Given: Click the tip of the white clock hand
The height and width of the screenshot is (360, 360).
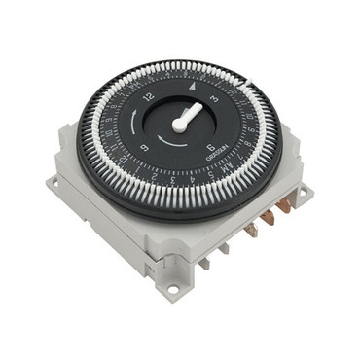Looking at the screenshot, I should tap(200, 106).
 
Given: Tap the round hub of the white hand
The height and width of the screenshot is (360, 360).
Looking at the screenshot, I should tap(181, 126).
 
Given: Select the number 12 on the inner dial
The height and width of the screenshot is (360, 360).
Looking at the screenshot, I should tap(148, 96).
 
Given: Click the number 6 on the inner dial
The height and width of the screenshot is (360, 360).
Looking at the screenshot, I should tap(211, 147).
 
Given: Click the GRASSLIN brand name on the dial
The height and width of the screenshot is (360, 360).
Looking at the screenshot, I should tap(219, 159).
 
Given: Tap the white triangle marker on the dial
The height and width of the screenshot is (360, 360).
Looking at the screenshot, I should tap(191, 87).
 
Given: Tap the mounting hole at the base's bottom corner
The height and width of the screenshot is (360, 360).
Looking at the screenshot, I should tap(173, 288).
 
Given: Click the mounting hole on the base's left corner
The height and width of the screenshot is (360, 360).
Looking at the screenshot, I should tap(53, 182).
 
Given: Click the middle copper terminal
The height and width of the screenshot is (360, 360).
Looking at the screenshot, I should tap(268, 218).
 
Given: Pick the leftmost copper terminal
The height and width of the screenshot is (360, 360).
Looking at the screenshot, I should tap(251, 230).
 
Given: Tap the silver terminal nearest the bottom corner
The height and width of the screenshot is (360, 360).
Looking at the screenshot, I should tap(205, 261).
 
